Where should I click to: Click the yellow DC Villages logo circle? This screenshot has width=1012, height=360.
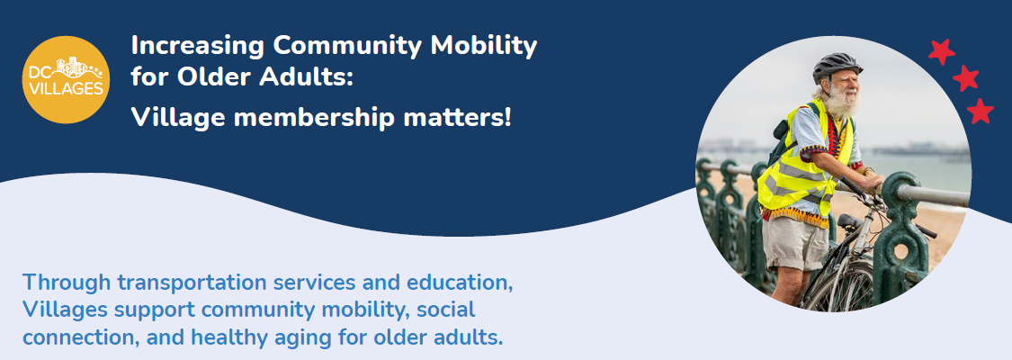(66, 79)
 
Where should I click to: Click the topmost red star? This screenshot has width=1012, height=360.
(941, 52)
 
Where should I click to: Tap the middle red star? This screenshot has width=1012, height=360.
(965, 79)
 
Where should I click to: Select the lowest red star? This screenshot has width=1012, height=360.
(980, 112)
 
